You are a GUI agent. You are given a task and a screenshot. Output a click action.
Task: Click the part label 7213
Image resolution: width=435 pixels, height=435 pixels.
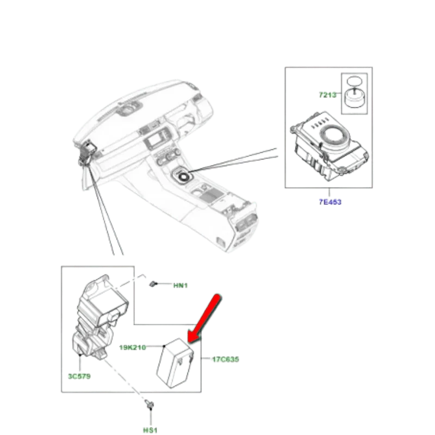coord(327,95)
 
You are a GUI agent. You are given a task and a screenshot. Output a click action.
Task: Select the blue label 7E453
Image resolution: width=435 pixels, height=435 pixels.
coord(330,202)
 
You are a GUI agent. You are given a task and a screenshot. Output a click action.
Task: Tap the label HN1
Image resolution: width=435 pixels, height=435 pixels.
coord(181,285)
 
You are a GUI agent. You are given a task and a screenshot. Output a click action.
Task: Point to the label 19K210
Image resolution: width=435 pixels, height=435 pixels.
coord(132,347)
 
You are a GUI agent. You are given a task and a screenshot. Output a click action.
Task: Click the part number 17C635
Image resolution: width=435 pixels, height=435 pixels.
coord(225,359)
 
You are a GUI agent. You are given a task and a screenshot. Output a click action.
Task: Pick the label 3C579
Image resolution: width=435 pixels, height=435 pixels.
coord(79,376)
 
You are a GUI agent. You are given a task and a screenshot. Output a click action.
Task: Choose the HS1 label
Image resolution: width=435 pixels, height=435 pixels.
coord(150,430)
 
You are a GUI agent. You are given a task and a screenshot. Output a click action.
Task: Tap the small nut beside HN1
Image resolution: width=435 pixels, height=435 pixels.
coord(153,284)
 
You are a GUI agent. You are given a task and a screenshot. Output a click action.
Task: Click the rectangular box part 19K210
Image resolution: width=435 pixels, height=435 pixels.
coord(175,363)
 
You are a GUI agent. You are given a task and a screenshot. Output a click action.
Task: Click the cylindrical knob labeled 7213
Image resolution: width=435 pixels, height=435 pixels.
coord(355,98)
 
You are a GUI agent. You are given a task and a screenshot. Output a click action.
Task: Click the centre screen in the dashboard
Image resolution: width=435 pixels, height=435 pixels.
coord(156,140)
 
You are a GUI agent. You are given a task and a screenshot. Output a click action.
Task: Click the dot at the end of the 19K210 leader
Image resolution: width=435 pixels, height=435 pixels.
coord(164,346)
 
